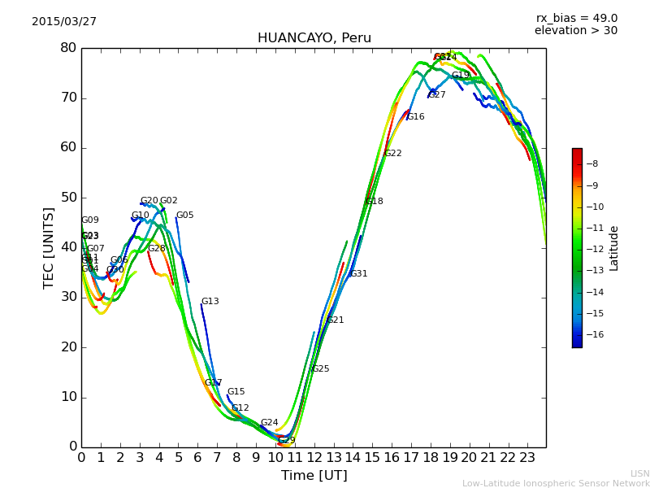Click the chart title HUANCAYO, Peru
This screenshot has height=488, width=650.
tap(314, 38)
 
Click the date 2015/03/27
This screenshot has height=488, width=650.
tap(64, 22)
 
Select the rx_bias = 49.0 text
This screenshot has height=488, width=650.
tap(576, 18)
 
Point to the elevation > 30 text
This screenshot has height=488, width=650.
tap(575, 31)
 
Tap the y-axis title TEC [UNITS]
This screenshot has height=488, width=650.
tap(49, 247)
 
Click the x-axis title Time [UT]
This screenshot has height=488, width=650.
tap(314, 476)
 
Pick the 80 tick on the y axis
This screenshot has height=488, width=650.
tap(67, 48)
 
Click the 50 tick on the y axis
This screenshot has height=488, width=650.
tap(67, 198)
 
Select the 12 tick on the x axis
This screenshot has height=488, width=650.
tap(314, 458)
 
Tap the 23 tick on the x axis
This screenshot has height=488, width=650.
tap(526, 458)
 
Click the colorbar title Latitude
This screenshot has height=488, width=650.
tap(614, 248)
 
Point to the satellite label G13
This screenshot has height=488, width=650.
tap(210, 302)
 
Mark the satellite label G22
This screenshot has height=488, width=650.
tap(393, 154)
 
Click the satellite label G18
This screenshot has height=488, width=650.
tap(375, 202)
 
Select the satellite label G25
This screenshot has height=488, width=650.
tap(321, 369)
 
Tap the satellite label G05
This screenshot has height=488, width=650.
tap(185, 216)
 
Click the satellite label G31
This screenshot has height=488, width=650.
tap(359, 274)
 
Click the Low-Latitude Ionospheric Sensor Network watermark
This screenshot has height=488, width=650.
tap(556, 483)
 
